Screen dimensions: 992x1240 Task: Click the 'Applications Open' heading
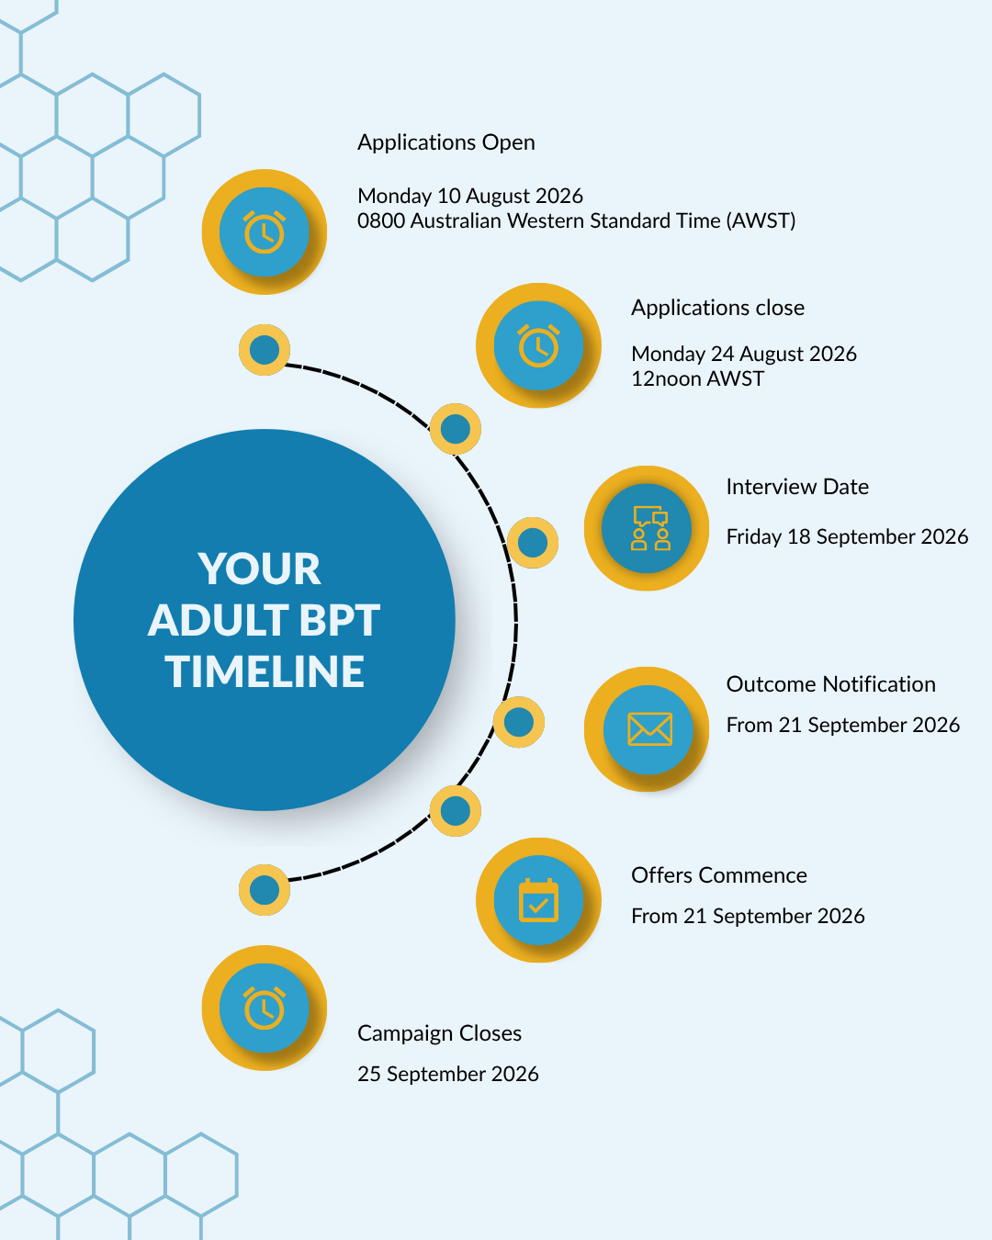click(446, 142)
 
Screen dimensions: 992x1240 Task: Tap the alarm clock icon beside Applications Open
click(264, 232)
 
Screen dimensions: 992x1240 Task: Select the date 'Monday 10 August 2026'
click(470, 196)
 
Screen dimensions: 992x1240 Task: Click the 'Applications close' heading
click(717, 308)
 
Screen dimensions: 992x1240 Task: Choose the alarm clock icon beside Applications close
click(538, 345)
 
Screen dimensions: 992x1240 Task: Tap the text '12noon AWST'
click(697, 378)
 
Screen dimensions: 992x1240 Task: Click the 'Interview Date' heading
click(797, 487)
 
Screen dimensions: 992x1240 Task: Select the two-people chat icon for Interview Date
click(650, 528)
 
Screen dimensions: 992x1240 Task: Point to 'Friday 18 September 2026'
click(847, 536)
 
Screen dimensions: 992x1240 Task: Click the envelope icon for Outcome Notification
click(649, 729)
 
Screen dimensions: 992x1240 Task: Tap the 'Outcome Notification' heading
click(830, 684)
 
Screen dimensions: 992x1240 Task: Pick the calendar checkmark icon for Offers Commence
click(538, 900)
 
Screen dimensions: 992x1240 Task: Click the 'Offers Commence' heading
click(719, 875)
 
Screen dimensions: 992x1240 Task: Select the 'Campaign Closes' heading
click(439, 1033)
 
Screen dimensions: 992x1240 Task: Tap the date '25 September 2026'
click(448, 1074)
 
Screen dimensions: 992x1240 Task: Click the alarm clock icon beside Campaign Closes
click(264, 1008)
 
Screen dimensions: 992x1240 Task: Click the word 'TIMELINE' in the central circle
click(265, 671)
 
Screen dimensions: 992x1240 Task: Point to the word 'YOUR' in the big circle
click(259, 569)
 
